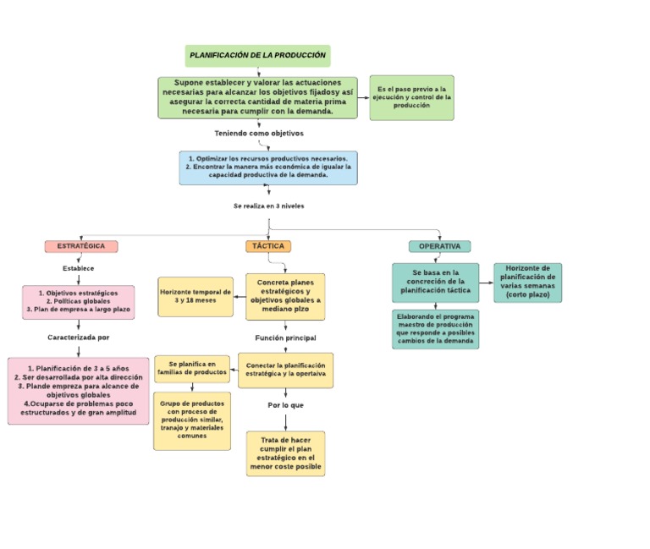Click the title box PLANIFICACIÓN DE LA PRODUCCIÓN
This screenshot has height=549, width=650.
pyautogui.click(x=257, y=56)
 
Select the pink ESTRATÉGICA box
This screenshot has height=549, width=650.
pyautogui.click(x=81, y=246)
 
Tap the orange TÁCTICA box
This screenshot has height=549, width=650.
pyautogui.click(x=268, y=246)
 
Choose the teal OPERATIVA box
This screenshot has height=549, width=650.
pyautogui.click(x=439, y=246)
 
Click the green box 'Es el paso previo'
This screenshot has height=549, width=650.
pyautogui.click(x=411, y=97)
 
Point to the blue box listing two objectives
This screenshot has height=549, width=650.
pyautogui.click(x=267, y=167)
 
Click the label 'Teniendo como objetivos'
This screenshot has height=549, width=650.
pyautogui.click(x=258, y=134)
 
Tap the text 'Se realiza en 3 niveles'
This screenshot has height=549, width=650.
pyautogui.click(x=268, y=206)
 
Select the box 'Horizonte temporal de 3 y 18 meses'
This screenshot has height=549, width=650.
pyautogui.click(x=196, y=296)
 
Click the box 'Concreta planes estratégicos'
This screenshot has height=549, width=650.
pyautogui.click(x=285, y=296)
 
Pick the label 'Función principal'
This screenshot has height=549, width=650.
pyautogui.click(x=285, y=338)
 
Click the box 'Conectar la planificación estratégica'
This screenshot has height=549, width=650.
pyautogui.click(x=285, y=370)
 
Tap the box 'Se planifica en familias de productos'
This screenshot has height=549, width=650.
pyautogui.click(x=192, y=369)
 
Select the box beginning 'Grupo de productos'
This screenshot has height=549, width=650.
pyautogui.click(x=192, y=420)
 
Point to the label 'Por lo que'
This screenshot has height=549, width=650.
pyautogui.click(x=285, y=405)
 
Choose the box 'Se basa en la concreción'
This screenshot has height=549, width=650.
pyautogui.click(x=435, y=283)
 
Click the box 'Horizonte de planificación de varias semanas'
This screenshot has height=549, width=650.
pyautogui.click(x=527, y=283)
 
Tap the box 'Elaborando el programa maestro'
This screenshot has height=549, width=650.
pyautogui.click(x=435, y=329)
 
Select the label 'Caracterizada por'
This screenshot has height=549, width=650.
pyautogui.click(x=78, y=337)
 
